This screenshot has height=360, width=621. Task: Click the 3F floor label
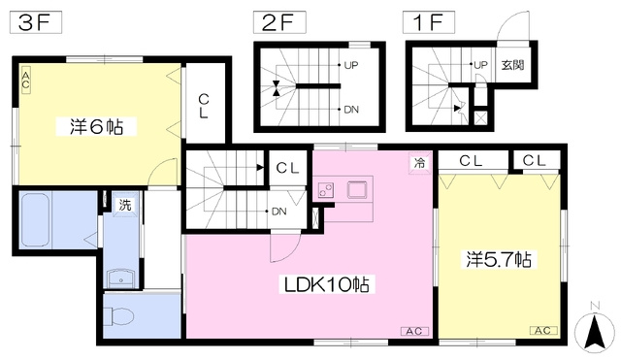coord(36,22)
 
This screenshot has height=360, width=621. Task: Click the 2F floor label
coord(279,22)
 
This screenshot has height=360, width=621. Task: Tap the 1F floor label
coord(429,22)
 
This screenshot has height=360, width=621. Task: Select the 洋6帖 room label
coord(97,127)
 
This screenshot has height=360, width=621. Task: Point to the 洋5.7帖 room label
coord(499,259)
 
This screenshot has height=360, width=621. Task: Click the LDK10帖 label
coord(327,284)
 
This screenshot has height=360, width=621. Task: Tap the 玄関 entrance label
coord(512,65)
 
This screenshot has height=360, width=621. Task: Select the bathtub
coord(35,220)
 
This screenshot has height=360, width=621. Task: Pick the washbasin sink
coord(122,278)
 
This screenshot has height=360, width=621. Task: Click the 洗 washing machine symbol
coord(125,205)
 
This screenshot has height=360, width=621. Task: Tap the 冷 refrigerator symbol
coord(419,162)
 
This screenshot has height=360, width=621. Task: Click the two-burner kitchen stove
coord(327,190)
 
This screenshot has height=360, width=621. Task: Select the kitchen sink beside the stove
coord(358,189)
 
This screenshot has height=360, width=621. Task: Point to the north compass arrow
coord(595,333)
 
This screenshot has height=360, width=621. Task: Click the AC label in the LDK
coord(414,331)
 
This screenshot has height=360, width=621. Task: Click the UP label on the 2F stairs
coord(351,65)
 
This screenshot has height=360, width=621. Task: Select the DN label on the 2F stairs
coord(351,110)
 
